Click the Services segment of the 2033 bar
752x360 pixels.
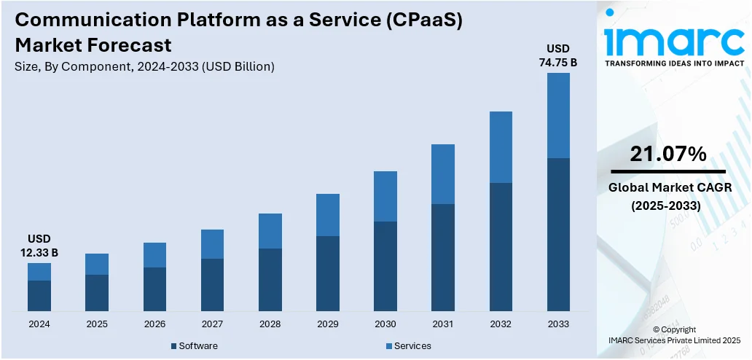coord(558,115)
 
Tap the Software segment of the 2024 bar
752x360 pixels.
coord(39,296)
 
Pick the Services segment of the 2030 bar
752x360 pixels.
coord(385,196)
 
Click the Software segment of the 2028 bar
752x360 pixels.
coord(270,280)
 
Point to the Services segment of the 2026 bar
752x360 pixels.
coord(154,255)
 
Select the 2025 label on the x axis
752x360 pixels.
coord(97,324)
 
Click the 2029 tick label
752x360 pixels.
coord(327,324)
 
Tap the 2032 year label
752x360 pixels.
coord(501,324)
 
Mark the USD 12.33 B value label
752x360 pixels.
coord(39,246)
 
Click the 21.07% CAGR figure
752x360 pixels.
coord(668,154)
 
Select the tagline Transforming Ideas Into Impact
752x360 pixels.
coord(675,63)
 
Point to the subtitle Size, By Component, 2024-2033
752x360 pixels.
coord(144,66)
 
